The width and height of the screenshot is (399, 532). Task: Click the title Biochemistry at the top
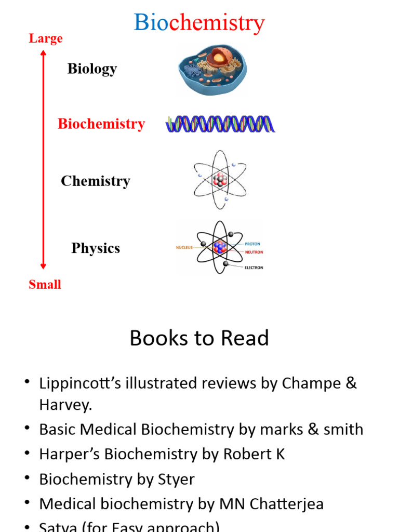199,23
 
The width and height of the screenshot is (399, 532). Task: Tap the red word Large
46,38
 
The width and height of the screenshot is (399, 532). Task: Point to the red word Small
45,284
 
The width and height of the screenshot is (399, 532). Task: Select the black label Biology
92,69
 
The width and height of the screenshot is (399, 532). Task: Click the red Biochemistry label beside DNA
101,124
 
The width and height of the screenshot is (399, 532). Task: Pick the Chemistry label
95,181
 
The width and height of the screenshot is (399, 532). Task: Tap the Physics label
96,248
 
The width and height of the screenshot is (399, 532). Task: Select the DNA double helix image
220,124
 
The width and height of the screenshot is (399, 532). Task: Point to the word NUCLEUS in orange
184,248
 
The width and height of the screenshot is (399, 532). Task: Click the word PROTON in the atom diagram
252,244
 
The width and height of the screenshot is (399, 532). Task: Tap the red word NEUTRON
254,252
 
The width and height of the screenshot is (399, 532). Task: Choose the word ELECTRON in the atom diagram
254,268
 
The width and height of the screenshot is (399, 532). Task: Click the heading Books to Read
199,338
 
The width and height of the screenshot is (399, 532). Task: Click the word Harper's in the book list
70,454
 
